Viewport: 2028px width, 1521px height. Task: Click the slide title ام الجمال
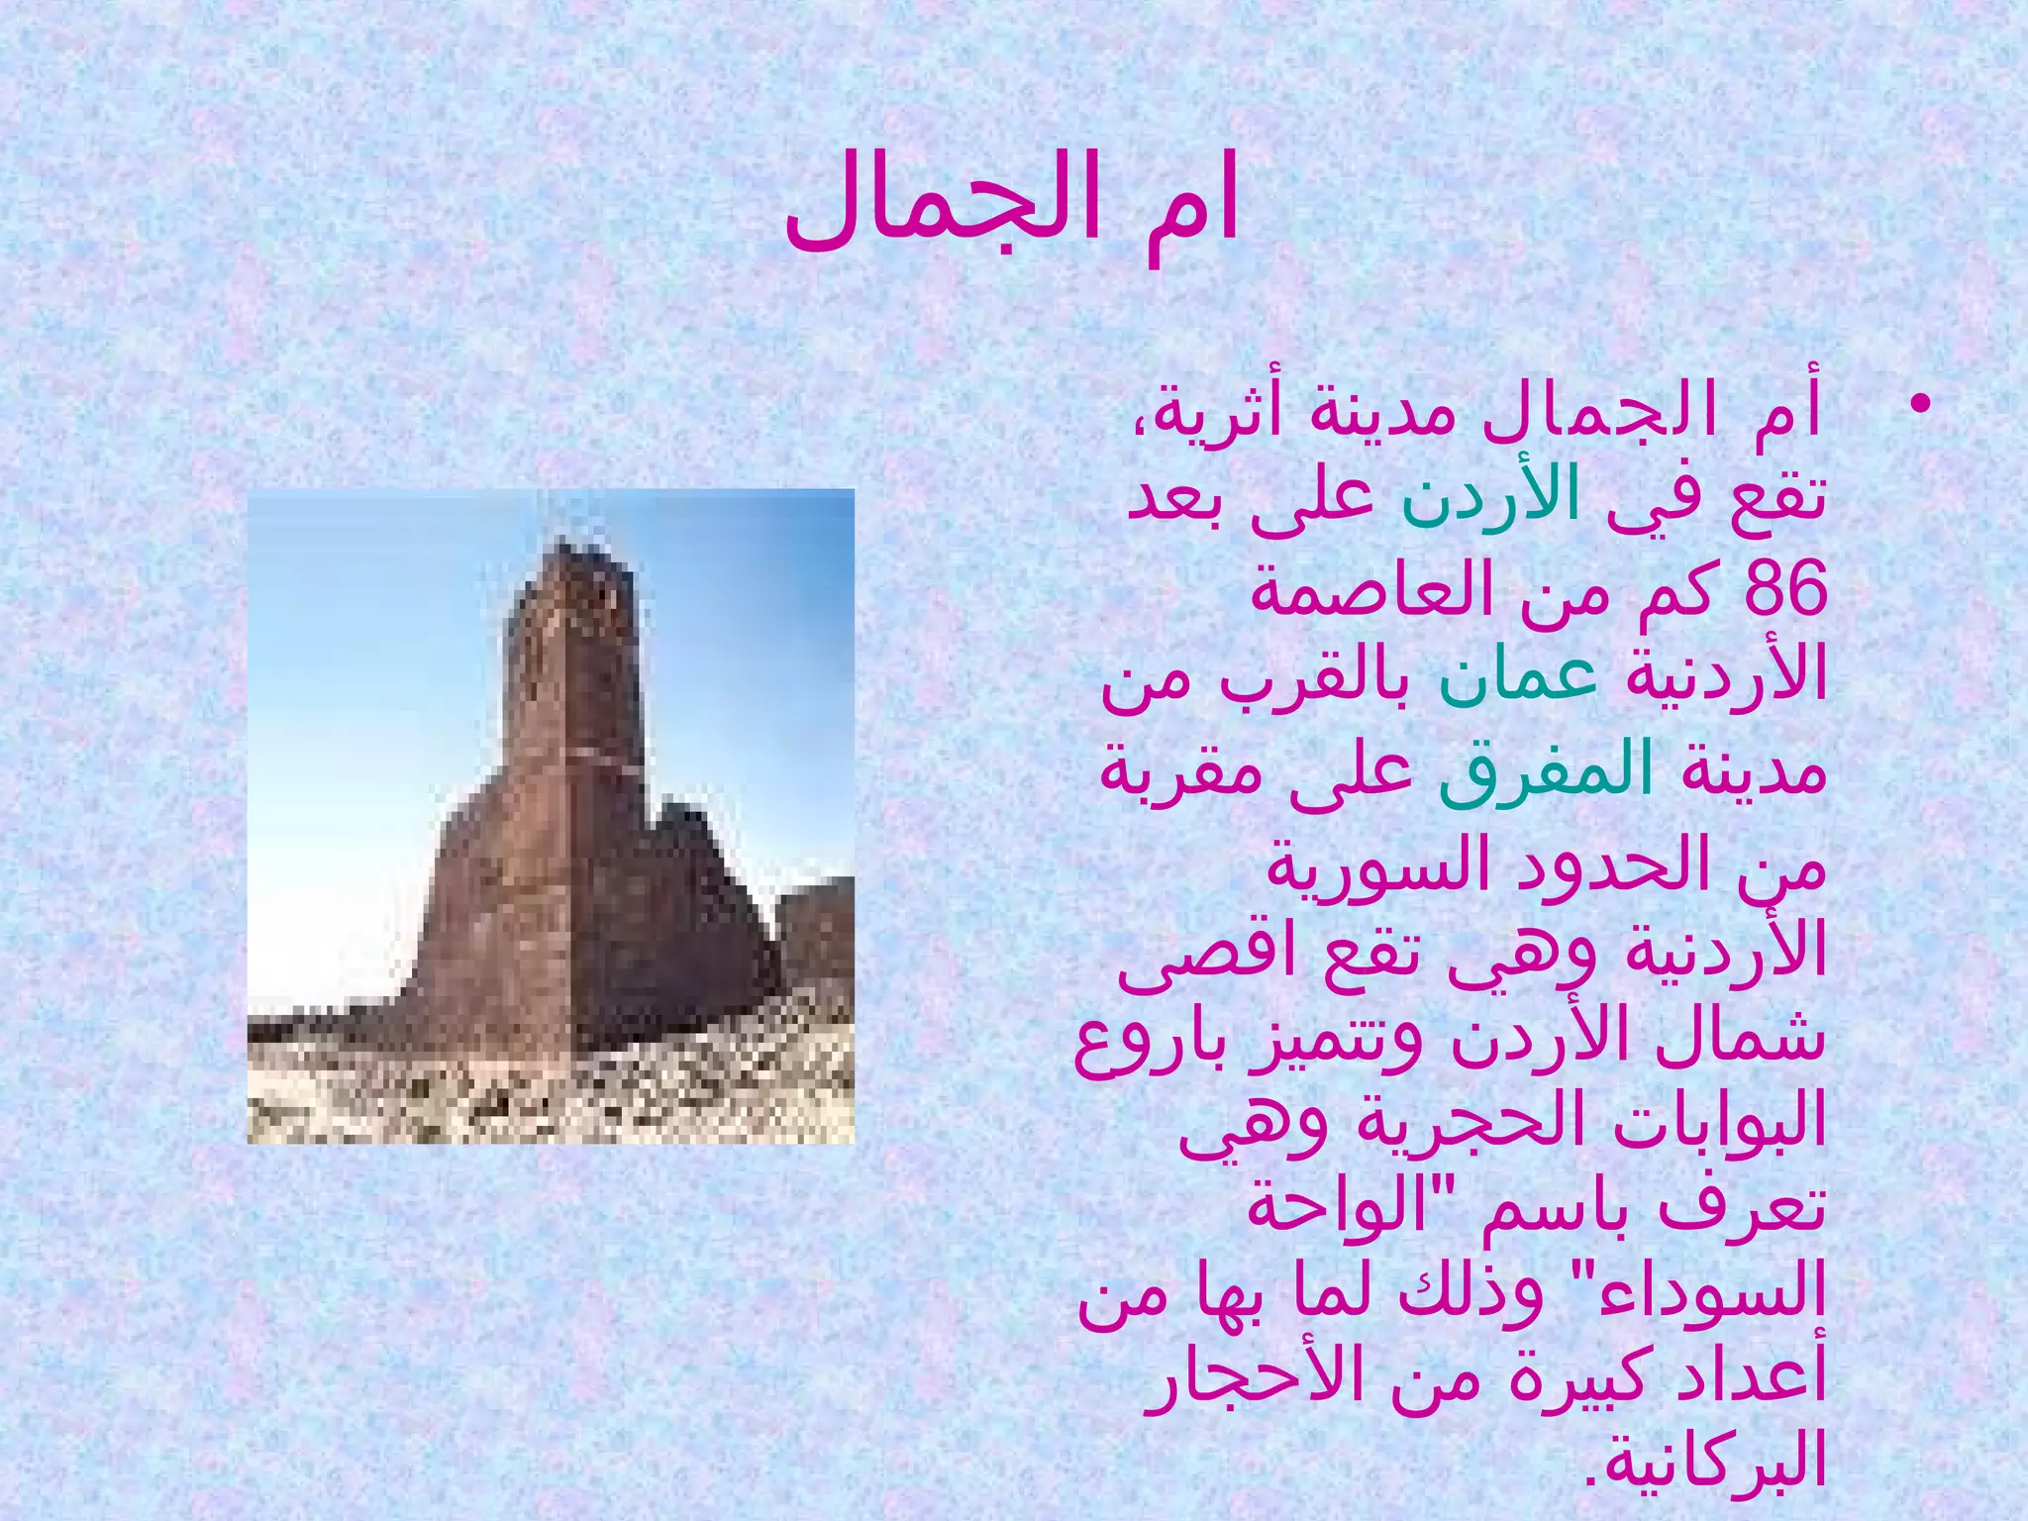click(x=1012, y=210)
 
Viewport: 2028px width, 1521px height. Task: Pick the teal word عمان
click(x=1516, y=680)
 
